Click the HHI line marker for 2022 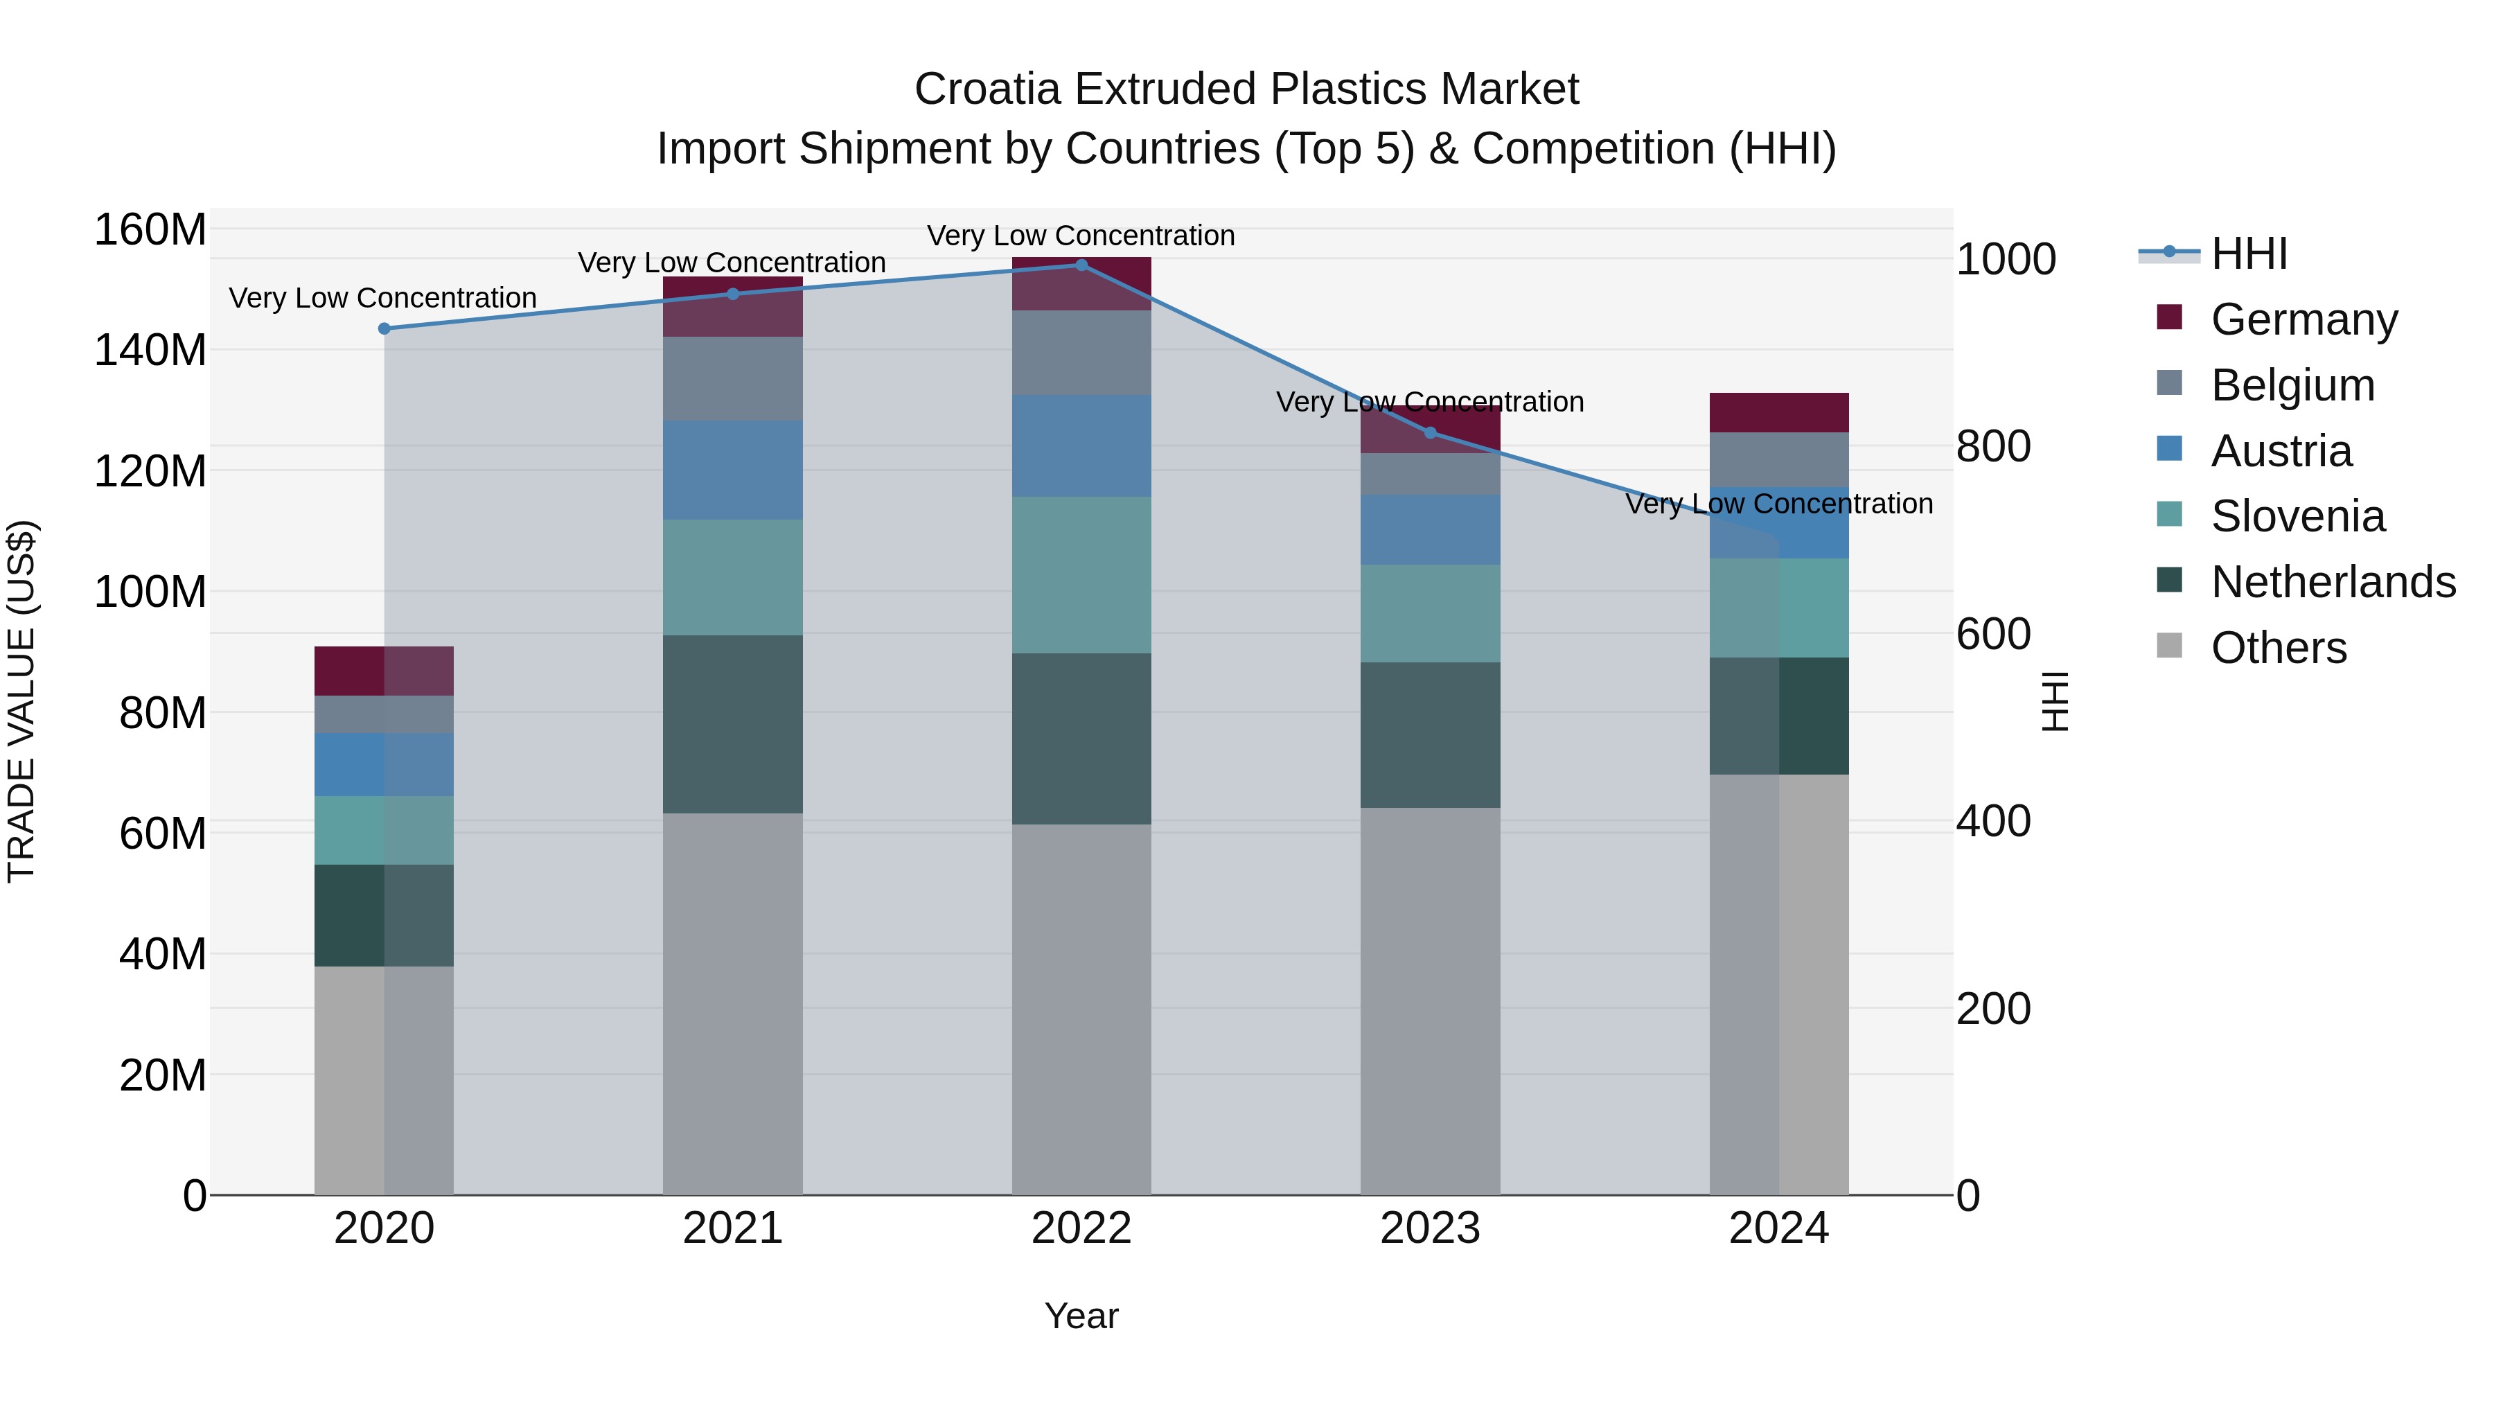pyautogui.click(x=1081, y=265)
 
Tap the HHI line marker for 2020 pyautogui.click(x=384, y=329)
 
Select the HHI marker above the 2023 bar pyautogui.click(x=1430, y=433)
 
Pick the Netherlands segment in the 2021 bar pyautogui.click(x=733, y=724)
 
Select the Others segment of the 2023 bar pyautogui.click(x=1430, y=1001)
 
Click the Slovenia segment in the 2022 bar pyautogui.click(x=1081, y=575)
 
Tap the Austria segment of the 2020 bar pyautogui.click(x=384, y=765)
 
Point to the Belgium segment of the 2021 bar pyautogui.click(x=733, y=378)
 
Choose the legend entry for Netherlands pyautogui.click(x=2331, y=582)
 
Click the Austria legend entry pyautogui.click(x=2280, y=451)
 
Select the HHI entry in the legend pyautogui.click(x=2248, y=254)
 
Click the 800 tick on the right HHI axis pyautogui.click(x=1992, y=446)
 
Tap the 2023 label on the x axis pyautogui.click(x=1430, y=1228)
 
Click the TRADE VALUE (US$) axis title pyautogui.click(x=21, y=701)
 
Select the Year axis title pyautogui.click(x=1081, y=1316)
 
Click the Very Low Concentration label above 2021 pyautogui.click(x=732, y=263)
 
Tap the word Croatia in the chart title pyautogui.click(x=987, y=89)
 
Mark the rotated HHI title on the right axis pyautogui.click(x=2053, y=701)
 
